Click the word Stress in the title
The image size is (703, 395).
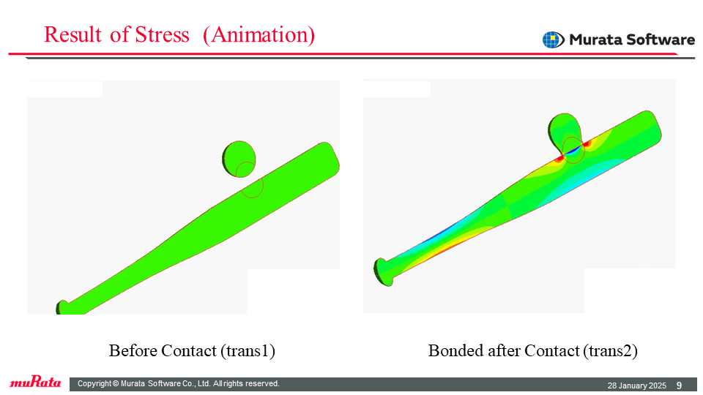coord(162,35)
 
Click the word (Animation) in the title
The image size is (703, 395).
coord(259,35)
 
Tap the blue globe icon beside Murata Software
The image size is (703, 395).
coord(553,39)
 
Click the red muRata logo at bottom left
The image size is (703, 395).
coord(35,382)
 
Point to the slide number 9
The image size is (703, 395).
coord(680,385)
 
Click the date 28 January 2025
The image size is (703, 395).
coord(636,385)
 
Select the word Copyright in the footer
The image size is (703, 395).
coord(94,383)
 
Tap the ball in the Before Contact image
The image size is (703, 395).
coord(239,159)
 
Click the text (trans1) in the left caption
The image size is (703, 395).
coord(248,350)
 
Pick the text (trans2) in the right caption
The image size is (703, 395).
coord(610,350)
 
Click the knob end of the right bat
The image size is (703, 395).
coord(383,272)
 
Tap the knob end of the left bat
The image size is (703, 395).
coord(63,308)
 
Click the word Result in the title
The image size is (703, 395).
coord(72,35)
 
